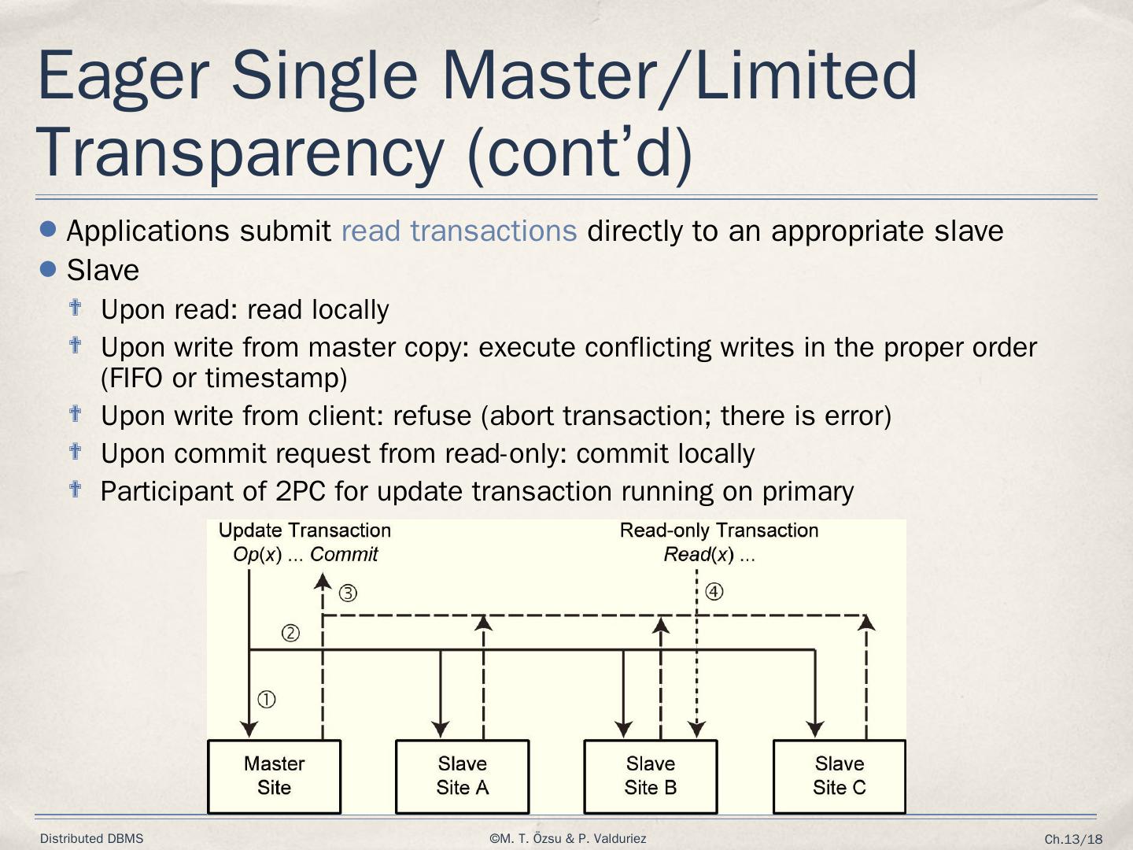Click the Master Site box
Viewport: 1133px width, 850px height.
point(274,776)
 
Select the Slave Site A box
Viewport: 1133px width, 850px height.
point(462,776)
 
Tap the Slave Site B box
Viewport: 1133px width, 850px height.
point(651,776)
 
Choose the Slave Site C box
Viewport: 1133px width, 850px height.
point(840,776)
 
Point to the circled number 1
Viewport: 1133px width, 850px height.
point(267,700)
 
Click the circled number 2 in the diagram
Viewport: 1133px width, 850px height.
point(290,634)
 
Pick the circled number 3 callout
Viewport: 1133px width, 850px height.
point(348,593)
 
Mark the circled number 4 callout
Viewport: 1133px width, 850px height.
point(714,592)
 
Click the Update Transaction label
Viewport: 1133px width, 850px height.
point(304,530)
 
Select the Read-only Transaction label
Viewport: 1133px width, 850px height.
point(719,530)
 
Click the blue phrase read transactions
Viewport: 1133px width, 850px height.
point(459,231)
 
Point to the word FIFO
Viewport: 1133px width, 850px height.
point(132,379)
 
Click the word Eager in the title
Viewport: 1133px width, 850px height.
point(123,76)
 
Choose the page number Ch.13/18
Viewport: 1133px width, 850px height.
point(1073,840)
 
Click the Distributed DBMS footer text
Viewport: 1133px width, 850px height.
point(92,839)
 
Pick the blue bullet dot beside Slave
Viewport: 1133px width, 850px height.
point(48,269)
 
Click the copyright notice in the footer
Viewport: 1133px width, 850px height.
point(567,839)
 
